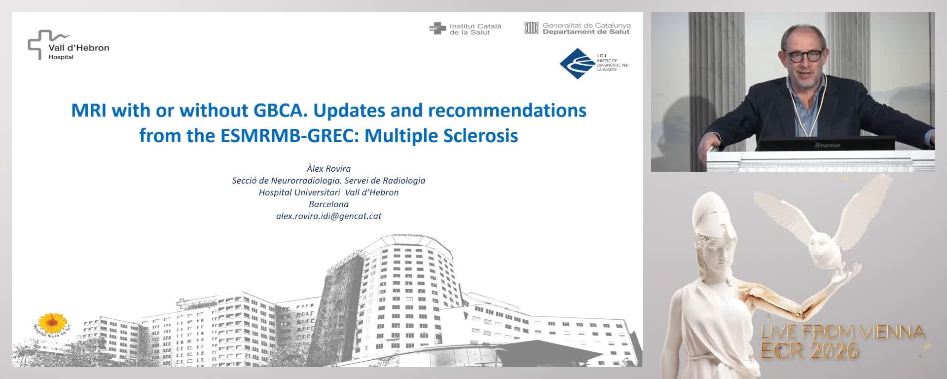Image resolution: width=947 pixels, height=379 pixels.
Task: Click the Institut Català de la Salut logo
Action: tap(465, 29)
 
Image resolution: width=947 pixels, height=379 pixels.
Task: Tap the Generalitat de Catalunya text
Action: tap(586, 25)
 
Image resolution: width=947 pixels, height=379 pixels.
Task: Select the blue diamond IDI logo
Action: tap(577, 64)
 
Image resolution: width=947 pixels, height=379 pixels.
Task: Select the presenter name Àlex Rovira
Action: tap(328, 169)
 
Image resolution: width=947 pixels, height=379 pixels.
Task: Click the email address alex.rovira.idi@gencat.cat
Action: tap(328, 216)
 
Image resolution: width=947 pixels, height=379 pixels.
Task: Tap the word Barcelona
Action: tap(328, 204)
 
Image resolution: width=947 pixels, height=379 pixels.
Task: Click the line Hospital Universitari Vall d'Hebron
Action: tap(328, 192)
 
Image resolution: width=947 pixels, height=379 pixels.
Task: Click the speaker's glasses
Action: tap(802, 56)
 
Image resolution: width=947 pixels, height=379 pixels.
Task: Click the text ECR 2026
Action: tap(809, 351)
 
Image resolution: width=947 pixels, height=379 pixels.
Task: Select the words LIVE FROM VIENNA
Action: tap(842, 332)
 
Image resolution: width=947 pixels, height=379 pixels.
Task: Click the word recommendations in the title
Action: tap(507, 110)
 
